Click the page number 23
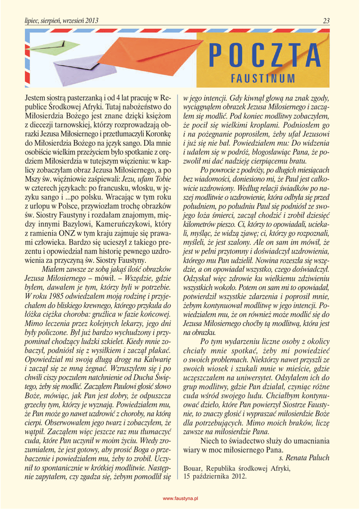click(x=326, y=21)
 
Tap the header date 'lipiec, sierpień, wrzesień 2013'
click(x=62, y=21)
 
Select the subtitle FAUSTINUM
click(x=263, y=79)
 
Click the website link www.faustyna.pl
click(x=181, y=498)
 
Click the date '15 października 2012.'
click(x=215, y=476)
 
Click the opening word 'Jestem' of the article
click(x=36, y=97)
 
